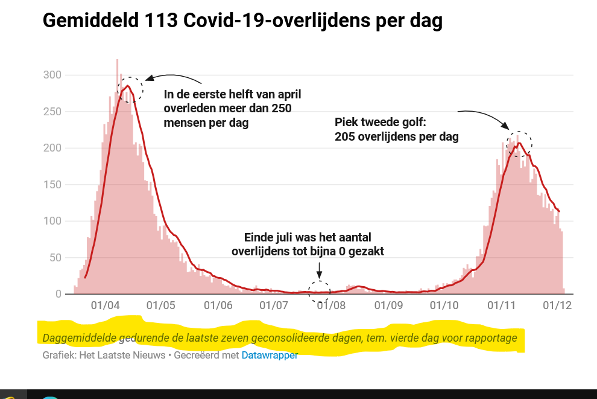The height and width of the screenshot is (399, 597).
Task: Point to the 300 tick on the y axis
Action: coord(52,75)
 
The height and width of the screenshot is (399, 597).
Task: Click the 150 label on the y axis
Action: coord(52,185)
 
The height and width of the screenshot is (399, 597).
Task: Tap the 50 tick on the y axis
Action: coord(55,258)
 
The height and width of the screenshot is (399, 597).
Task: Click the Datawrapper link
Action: coord(270,356)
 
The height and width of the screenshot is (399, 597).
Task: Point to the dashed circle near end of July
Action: coord(320,292)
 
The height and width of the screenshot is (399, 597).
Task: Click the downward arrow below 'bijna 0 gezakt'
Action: coord(320,268)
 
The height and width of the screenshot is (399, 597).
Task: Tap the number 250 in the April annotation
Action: coord(281,109)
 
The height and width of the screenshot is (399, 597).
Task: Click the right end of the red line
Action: coord(559,211)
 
